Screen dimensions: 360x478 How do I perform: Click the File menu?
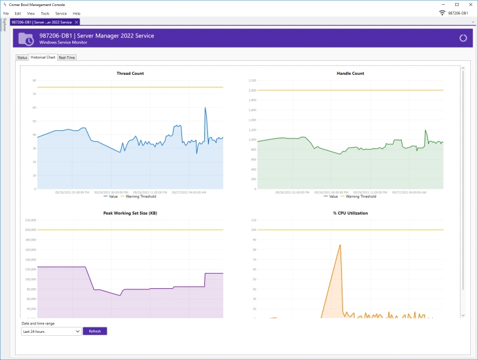(x=5, y=13)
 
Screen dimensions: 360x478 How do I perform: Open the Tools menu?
(x=45, y=13)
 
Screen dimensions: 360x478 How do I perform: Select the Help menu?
(x=77, y=13)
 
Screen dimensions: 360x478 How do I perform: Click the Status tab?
(x=22, y=57)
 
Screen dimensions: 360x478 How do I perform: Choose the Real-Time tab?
(x=67, y=57)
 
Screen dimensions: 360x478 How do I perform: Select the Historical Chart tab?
(x=43, y=57)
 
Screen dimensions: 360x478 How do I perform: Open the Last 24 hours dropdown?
(x=51, y=331)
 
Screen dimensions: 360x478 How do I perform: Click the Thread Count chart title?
(x=130, y=74)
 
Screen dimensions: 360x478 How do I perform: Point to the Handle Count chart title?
(x=350, y=74)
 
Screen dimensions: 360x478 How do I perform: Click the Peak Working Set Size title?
(x=130, y=213)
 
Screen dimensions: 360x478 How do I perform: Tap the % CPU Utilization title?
(x=350, y=213)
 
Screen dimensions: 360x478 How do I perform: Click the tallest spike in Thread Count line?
(x=206, y=108)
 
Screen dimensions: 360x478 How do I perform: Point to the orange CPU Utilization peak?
(x=340, y=245)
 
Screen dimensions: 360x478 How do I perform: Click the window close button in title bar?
(x=469, y=4)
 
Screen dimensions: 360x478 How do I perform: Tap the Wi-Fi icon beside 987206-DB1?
(x=442, y=13)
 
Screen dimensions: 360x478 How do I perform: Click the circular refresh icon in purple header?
(x=463, y=38)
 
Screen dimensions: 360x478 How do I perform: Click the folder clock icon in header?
(x=26, y=39)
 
